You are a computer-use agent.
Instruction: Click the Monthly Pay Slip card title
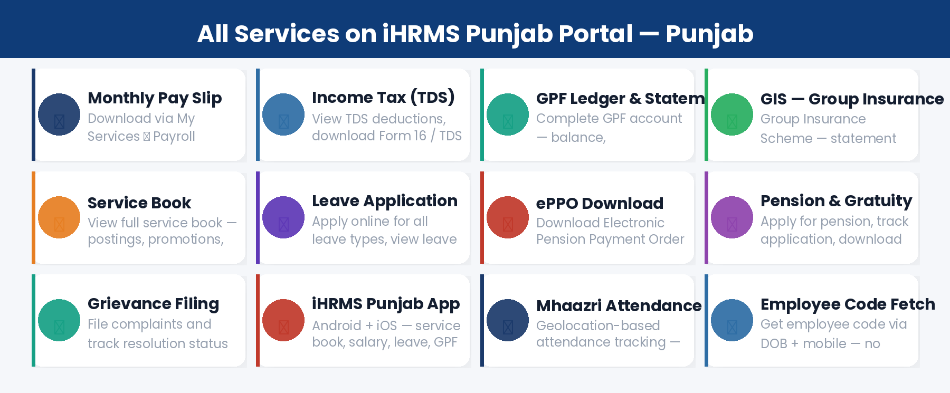point(155,98)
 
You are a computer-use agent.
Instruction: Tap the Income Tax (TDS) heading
point(383,98)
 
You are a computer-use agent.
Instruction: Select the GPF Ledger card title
point(620,99)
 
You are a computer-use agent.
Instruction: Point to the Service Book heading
point(139,203)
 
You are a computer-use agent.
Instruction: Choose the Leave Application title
point(384,201)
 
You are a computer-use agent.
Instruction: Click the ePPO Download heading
point(600,204)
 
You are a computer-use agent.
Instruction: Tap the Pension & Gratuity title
point(836,201)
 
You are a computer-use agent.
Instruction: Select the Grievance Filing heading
point(153,304)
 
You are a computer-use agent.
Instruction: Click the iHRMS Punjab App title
point(386,304)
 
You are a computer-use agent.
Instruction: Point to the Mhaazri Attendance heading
point(619,306)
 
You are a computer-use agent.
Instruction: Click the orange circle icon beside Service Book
point(59,217)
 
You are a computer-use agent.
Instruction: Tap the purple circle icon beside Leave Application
point(283,217)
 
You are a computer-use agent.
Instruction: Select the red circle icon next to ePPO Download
point(508,217)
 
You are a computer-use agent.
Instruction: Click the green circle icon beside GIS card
point(732,114)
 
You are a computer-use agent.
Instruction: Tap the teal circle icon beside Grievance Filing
point(59,320)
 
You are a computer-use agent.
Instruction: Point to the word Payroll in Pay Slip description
point(174,137)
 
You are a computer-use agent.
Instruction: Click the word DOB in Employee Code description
point(774,344)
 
